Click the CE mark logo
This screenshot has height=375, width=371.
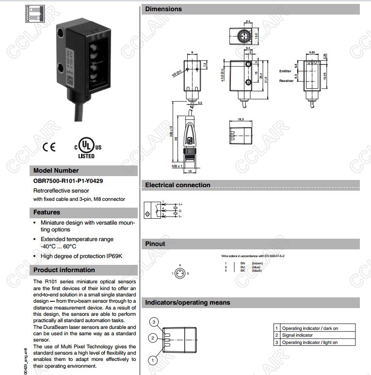[x=49, y=147]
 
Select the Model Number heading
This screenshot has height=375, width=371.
[x=56, y=171]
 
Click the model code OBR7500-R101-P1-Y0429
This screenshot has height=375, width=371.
[x=68, y=181]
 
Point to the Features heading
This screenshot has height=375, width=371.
[x=47, y=212]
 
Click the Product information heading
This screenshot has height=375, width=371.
[x=64, y=270]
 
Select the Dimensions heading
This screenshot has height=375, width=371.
[x=163, y=9]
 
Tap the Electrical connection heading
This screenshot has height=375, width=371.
[x=177, y=185]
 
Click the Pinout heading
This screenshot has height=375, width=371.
[x=155, y=244]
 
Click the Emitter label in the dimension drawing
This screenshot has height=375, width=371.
[x=285, y=71]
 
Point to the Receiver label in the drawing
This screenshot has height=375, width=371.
[x=286, y=81]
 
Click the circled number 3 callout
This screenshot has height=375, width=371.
[x=154, y=322]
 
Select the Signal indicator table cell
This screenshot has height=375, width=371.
[x=297, y=335]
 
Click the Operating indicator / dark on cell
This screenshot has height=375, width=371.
[x=310, y=328]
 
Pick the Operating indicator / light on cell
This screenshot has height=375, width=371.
[x=310, y=342]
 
